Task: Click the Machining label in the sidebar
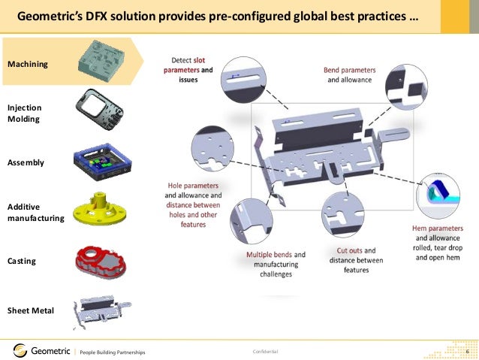pos(27,65)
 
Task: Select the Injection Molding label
pos(24,113)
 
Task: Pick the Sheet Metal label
pos(30,310)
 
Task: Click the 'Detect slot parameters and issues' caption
pos(187,68)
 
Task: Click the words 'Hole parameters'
pos(193,185)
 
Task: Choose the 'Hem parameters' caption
pos(437,228)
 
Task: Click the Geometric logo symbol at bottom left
pos(21,350)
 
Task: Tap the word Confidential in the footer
pos(265,352)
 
